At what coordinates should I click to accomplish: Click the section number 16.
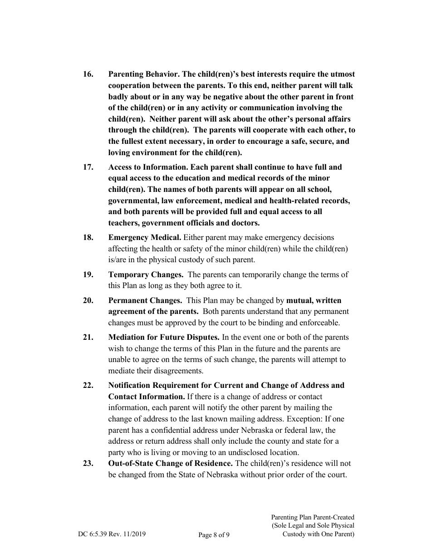(x=88, y=74)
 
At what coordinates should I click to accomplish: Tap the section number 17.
(x=88, y=167)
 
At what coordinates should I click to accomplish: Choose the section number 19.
(x=88, y=275)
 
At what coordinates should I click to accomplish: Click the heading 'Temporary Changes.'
(x=146, y=275)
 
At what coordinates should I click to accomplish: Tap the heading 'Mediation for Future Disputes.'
(x=164, y=338)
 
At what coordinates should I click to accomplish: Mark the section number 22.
(x=88, y=386)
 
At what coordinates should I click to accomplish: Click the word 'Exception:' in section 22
(x=284, y=419)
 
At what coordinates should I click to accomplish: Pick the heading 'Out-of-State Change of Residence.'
(x=171, y=464)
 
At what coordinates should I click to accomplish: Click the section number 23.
(x=88, y=464)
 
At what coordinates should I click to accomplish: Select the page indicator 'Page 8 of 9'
(x=214, y=535)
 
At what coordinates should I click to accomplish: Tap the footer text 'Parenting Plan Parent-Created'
(x=313, y=517)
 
